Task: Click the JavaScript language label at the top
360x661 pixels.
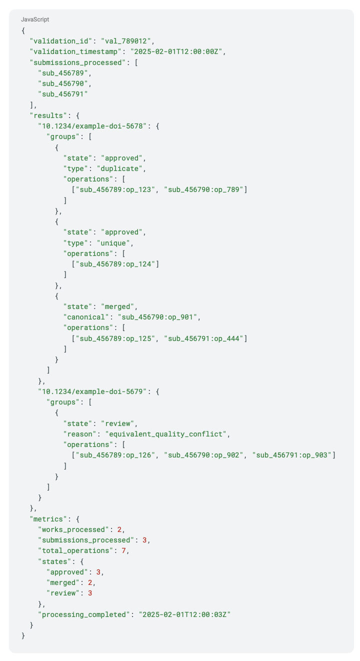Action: pos(35,19)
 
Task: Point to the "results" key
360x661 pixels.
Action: pos(48,115)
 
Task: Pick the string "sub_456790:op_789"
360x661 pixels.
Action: pos(207,189)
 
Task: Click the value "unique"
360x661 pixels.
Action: pos(118,243)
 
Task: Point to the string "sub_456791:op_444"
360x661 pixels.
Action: pos(207,338)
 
